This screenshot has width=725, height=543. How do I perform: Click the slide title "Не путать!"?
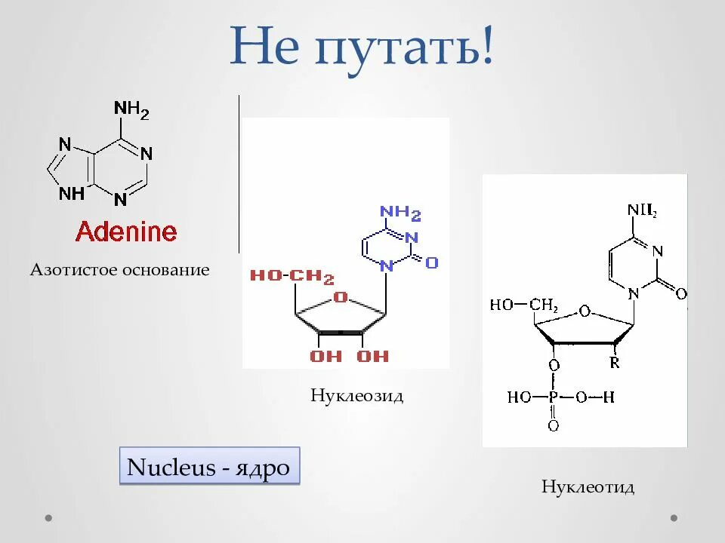[362, 45]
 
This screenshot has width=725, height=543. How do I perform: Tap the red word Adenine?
[126, 232]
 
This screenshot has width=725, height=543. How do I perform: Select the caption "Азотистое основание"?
[119, 270]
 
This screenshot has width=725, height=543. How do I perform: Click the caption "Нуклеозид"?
[356, 396]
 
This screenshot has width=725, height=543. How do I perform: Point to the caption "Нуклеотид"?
[588, 487]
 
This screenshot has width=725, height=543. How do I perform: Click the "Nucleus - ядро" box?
[208, 468]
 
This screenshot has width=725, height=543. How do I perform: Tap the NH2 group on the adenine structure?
[131, 110]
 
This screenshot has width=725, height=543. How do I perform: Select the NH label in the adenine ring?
[72, 194]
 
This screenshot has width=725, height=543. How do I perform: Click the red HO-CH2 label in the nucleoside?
[292, 277]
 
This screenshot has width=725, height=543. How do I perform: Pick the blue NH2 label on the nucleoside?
[400, 213]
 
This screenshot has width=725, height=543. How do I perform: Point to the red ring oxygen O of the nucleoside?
[341, 297]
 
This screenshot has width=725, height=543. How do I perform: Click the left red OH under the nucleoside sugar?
[325, 356]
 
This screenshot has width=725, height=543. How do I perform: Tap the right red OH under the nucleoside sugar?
[372, 356]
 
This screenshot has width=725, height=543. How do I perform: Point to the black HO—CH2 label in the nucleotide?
[523, 305]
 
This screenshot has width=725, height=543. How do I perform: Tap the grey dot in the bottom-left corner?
[49, 518]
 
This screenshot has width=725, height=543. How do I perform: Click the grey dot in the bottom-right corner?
[674, 518]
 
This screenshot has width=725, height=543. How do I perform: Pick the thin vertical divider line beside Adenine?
[239, 173]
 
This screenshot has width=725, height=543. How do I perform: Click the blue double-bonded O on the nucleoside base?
[431, 262]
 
